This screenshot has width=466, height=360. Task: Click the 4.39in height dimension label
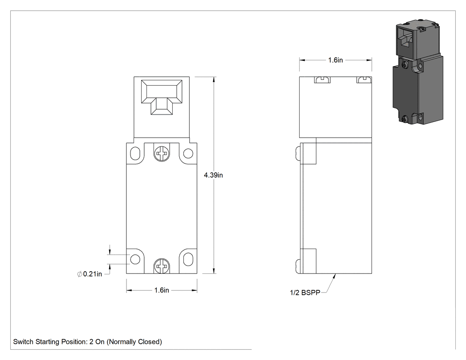point(213,175)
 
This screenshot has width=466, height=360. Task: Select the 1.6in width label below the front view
point(162,290)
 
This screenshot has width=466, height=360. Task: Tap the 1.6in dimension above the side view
point(335,60)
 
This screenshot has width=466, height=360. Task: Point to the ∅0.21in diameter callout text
point(90,274)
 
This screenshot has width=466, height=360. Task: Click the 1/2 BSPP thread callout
point(305,293)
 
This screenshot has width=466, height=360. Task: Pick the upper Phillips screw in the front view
point(162,154)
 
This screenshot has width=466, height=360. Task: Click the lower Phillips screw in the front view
point(162,265)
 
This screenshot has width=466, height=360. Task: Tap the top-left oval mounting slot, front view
point(135,154)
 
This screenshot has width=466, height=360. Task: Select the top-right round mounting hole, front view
point(188,154)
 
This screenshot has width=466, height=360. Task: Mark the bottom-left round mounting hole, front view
point(135,259)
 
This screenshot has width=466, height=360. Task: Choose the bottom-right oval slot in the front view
point(188,259)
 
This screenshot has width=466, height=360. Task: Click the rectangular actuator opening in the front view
point(162,97)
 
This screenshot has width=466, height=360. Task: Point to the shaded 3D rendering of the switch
point(418,72)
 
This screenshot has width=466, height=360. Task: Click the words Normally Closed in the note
point(134,342)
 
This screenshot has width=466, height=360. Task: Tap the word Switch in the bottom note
point(23,342)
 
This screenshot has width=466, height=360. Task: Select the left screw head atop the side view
point(322,79)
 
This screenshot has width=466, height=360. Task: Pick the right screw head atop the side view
point(364,79)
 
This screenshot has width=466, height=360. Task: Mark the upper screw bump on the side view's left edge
point(298,154)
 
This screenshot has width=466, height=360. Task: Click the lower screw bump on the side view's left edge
point(298,265)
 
